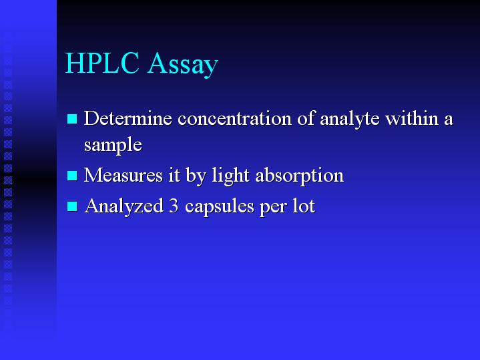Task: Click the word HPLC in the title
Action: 103,63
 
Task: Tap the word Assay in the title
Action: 183,65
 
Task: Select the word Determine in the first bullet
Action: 128,118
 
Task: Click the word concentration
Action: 234,119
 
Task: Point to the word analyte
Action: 349,120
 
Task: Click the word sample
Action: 113,146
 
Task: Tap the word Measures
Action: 124,175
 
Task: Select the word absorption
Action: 299,176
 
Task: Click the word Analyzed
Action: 124,206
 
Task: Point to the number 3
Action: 174,206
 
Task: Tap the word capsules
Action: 220,207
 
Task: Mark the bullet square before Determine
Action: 72,119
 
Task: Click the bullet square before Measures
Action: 72,176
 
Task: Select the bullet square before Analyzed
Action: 72,206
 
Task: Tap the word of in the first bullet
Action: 306,118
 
